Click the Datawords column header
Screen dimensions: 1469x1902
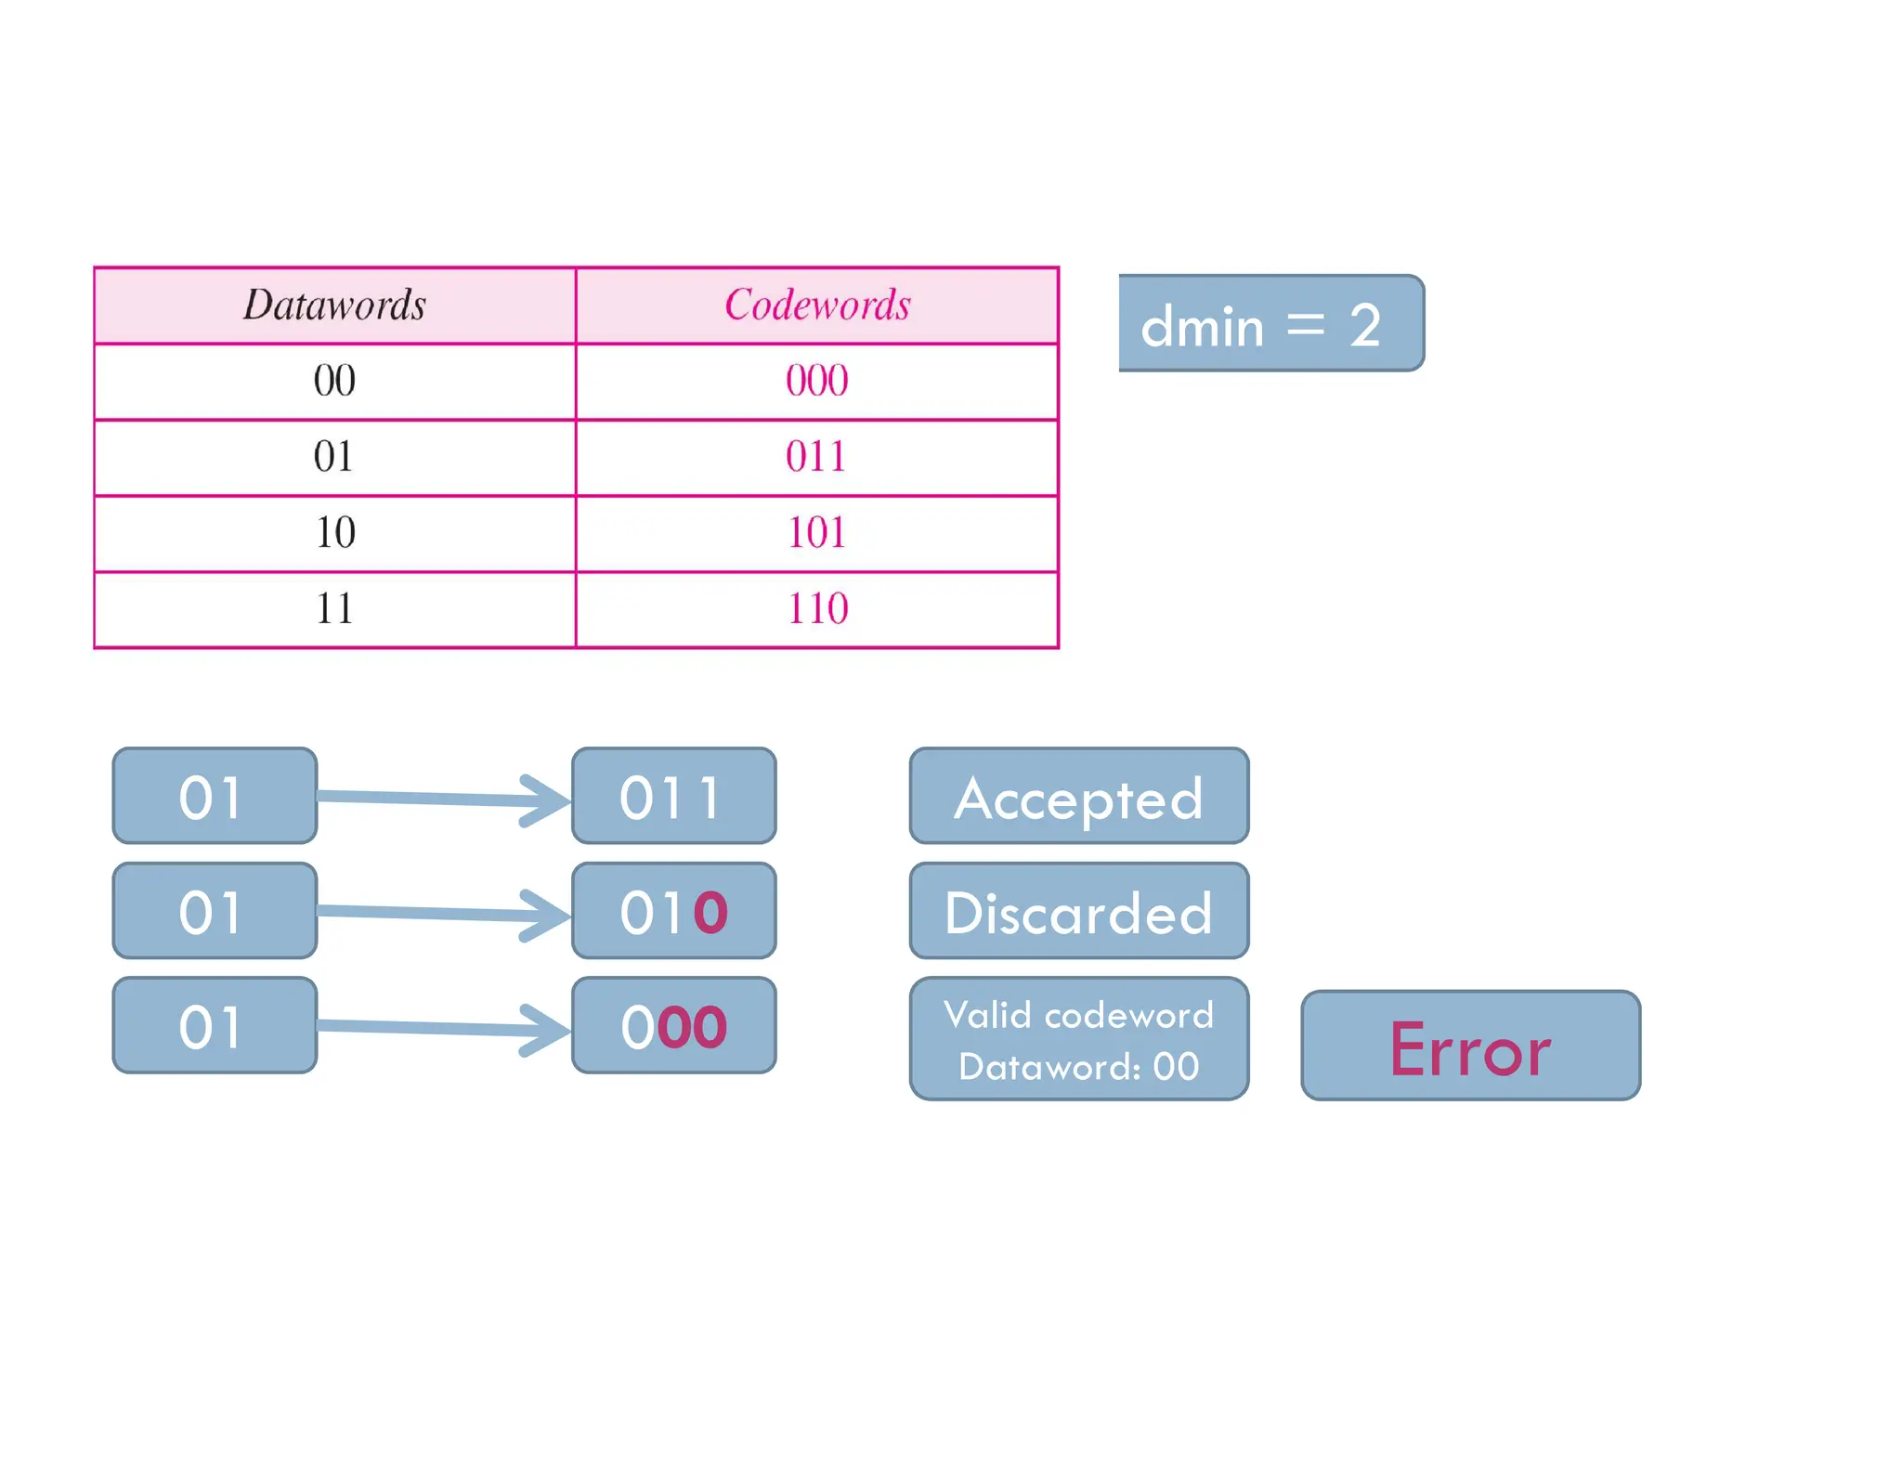click(x=334, y=305)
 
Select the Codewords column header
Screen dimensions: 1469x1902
click(x=817, y=305)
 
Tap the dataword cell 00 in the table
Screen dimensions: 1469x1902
click(x=334, y=381)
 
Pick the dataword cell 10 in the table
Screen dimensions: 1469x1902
click(x=334, y=533)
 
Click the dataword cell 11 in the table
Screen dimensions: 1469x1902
click(x=334, y=609)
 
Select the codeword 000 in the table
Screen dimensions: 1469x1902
click(x=817, y=381)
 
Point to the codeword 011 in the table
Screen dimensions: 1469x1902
click(x=817, y=457)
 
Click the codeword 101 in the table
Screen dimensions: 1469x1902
click(x=817, y=533)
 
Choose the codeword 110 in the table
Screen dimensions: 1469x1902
click(x=817, y=609)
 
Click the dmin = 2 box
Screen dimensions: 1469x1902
click(x=1270, y=323)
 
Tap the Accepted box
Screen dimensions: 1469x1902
click(x=1079, y=796)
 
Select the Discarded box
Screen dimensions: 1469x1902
click(x=1079, y=911)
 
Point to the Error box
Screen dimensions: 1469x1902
click(x=1470, y=1046)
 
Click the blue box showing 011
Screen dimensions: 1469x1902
click(x=673, y=796)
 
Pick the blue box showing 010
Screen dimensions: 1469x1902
click(x=673, y=911)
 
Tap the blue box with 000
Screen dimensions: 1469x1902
click(x=673, y=1025)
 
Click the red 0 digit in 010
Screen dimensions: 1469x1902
click(x=710, y=912)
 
